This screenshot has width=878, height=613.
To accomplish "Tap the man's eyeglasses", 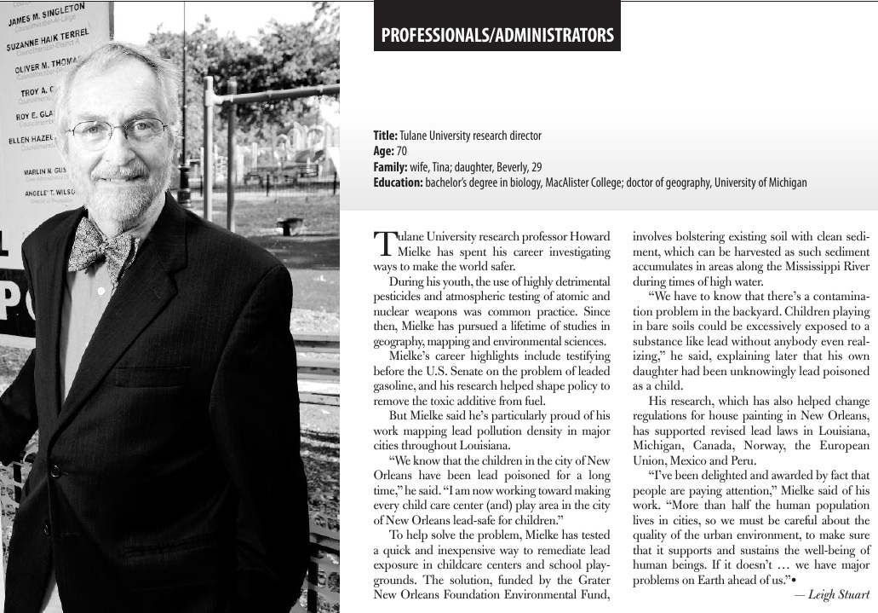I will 118,132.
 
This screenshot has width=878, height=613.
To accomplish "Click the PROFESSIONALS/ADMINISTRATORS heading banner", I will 497,36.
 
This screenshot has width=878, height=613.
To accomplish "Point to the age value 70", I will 402,152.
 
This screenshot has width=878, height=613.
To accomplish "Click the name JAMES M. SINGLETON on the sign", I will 58,14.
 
